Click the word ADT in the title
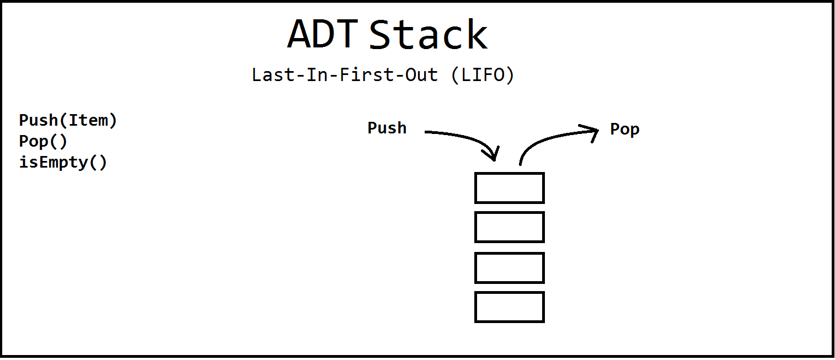(x=323, y=34)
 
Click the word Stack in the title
(x=428, y=34)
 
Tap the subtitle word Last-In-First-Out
(x=345, y=74)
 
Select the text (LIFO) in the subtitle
(x=483, y=74)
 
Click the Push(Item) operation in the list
(x=68, y=120)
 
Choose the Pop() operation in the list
(x=43, y=141)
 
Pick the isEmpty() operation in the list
(x=63, y=163)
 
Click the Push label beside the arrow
(x=387, y=128)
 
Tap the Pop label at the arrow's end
(x=625, y=130)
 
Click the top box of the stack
(x=510, y=188)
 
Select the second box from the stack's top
(x=510, y=227)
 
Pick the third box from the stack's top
(x=510, y=268)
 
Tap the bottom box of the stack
(x=510, y=307)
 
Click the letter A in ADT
(x=301, y=34)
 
